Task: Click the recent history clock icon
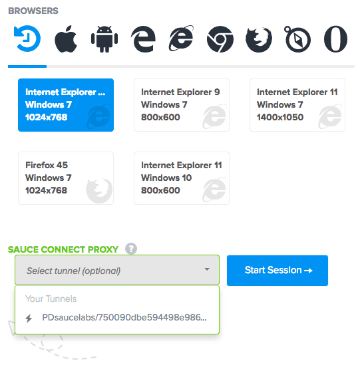pos(27,39)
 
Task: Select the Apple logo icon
pos(66,39)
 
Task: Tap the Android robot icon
pos(104,39)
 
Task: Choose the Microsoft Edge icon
pos(143,39)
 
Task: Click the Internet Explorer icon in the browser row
pos(181,39)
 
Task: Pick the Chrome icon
pos(220,39)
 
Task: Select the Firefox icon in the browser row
pos(259,39)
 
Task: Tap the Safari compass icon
pos(297,39)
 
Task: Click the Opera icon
pos(335,39)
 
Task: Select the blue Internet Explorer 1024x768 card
pos(66,105)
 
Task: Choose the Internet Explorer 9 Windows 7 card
pos(182,105)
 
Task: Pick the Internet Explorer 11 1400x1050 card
pos(297,105)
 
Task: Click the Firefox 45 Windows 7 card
pos(66,178)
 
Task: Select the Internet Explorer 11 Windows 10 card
pos(182,178)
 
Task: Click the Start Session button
pos(277,271)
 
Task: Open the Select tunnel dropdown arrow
pos(207,269)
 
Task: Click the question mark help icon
pos(131,249)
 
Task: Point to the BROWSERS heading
pos(33,11)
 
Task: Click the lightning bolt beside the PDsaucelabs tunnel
pos(29,318)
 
